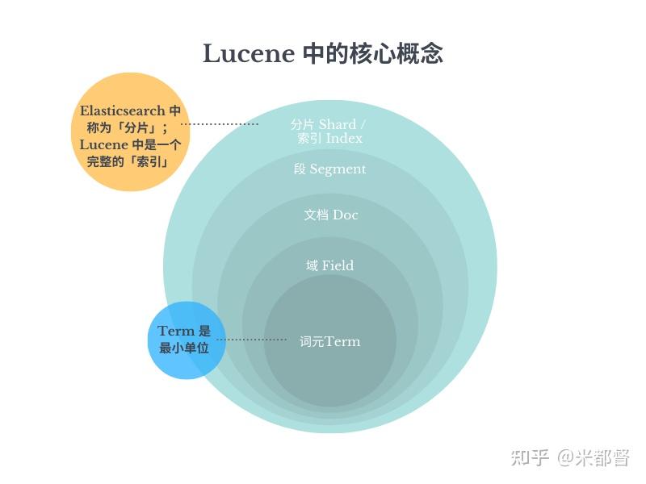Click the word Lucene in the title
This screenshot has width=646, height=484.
[249, 53]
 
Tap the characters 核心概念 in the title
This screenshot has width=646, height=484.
[396, 53]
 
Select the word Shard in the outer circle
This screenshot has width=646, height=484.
[338, 124]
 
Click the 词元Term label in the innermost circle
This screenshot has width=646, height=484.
[329, 341]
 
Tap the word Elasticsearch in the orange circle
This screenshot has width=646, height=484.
[123, 111]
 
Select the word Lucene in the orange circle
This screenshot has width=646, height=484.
[104, 145]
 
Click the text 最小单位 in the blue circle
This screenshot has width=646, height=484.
[184, 348]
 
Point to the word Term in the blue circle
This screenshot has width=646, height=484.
[175, 331]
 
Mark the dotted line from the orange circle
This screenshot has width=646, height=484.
[220, 124]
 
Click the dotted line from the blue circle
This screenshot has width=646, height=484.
[252, 340]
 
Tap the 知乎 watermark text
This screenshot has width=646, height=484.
[530, 457]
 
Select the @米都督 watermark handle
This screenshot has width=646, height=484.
[594, 457]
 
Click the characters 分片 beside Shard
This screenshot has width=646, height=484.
[302, 124]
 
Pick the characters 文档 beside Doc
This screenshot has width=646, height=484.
[317, 215]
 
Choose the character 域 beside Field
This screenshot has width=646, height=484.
[312, 265]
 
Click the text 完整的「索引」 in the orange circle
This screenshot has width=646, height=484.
[128, 162]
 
